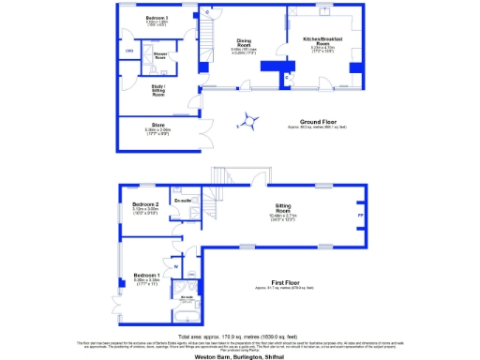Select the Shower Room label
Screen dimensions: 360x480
tap(147, 54)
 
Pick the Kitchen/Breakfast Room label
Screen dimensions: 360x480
tap(322, 40)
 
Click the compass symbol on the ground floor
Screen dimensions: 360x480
tap(250, 119)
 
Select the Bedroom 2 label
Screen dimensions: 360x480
tap(143, 204)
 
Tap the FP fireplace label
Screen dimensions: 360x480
tap(360, 216)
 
